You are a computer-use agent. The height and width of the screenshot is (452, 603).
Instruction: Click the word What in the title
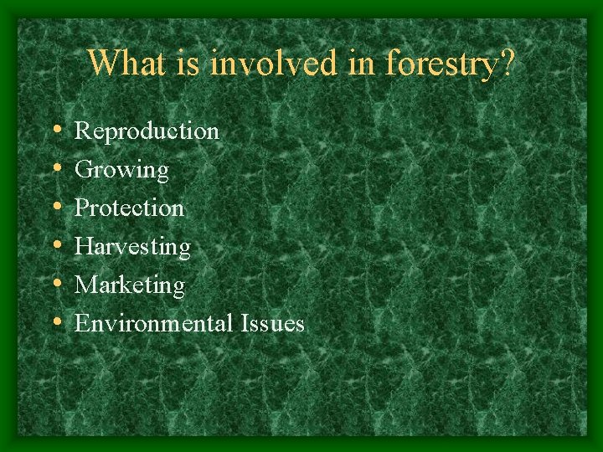[121, 64]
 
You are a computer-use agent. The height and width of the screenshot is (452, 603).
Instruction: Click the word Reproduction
[147, 131]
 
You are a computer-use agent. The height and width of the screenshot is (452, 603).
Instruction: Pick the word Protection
[129, 208]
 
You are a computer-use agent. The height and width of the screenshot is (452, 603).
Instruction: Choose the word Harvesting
[132, 248]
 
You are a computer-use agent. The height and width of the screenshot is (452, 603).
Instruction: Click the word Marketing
[130, 286]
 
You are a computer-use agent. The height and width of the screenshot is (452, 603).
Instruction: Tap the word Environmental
[153, 323]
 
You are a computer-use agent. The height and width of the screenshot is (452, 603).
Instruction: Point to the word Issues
[272, 323]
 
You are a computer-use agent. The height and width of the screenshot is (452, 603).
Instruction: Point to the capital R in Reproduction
[82, 131]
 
